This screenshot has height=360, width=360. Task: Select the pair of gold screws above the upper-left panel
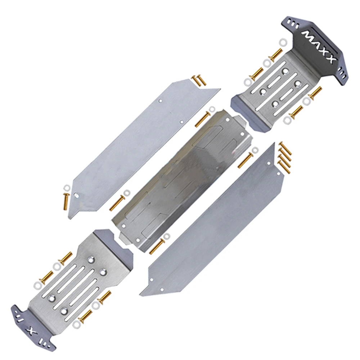199,80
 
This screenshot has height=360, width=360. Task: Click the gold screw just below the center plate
157,246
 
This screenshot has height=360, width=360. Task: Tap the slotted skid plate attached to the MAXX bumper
277,90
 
